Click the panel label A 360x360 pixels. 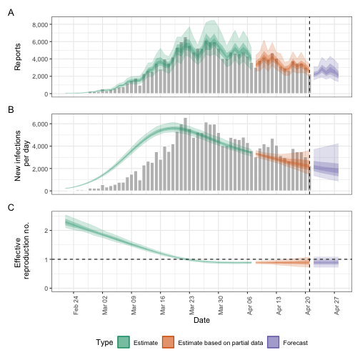(11, 11)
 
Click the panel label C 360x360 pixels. (11, 207)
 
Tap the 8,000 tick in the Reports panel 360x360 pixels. (39, 24)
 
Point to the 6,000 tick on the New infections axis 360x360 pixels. (39, 124)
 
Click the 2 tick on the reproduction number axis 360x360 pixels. (46, 230)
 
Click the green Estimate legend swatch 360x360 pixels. (123, 343)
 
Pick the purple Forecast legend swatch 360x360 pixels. (274, 343)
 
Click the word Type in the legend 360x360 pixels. (105, 343)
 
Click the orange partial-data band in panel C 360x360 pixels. (282, 262)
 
